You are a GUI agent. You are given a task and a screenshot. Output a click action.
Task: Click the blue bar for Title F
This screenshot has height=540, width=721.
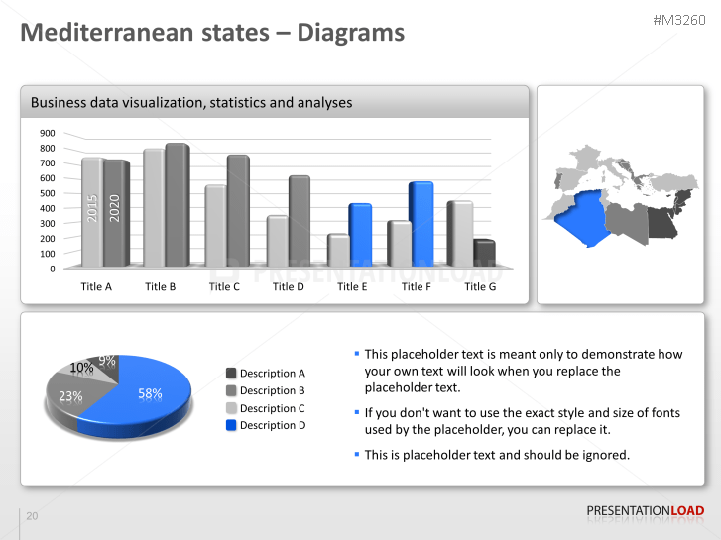[421, 224]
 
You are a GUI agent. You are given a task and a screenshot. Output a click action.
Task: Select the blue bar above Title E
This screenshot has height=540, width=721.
[360, 235]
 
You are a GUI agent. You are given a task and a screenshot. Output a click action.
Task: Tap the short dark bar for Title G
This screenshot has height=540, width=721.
[484, 254]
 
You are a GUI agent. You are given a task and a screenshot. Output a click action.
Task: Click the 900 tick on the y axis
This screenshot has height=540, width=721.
[48, 133]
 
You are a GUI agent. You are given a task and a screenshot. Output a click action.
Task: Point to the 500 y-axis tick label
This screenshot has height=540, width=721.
[48, 193]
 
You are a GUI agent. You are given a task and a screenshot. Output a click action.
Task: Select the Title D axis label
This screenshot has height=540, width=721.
[289, 286]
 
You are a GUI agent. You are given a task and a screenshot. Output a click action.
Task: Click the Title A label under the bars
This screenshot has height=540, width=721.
[96, 286]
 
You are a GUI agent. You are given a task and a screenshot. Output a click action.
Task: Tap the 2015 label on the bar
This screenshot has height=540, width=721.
[92, 208]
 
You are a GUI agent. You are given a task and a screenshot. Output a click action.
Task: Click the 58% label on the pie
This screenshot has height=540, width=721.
[150, 393]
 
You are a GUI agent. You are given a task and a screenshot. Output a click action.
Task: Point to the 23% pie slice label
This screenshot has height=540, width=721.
[70, 396]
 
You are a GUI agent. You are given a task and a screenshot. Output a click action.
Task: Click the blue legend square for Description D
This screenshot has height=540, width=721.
[231, 425]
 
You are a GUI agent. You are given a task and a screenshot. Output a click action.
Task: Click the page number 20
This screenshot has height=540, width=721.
[32, 516]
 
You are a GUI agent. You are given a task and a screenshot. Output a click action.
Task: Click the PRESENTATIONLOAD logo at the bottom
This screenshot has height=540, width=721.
[645, 511]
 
